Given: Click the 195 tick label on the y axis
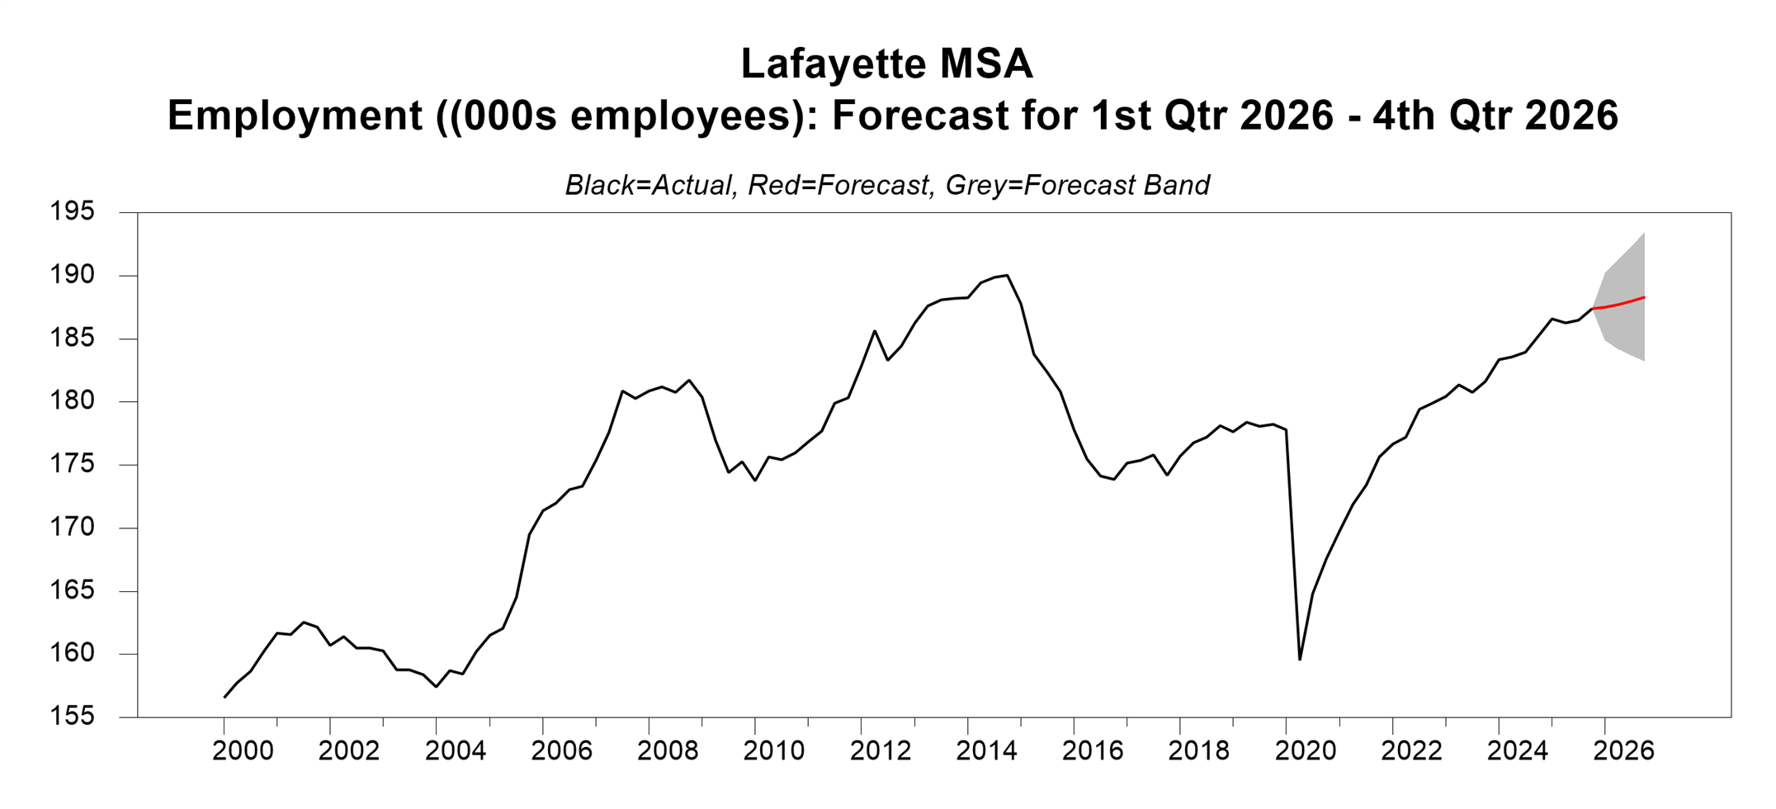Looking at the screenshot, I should pyautogui.click(x=73, y=212).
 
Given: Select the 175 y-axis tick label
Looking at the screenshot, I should pyautogui.click(x=73, y=465).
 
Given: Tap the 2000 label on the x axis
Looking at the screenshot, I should pyautogui.click(x=243, y=751).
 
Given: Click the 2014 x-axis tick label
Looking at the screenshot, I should pyautogui.click(x=986, y=751).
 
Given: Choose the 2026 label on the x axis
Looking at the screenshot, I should pyautogui.click(x=1623, y=751).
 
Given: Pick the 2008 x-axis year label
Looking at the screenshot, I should pyautogui.click(x=668, y=751).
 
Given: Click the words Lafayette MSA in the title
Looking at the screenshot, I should pyautogui.click(x=886, y=64).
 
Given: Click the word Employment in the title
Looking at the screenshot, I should pyautogui.click(x=295, y=116).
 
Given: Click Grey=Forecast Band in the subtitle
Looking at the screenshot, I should pyautogui.click(x=1078, y=185).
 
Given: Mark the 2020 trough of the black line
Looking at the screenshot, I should pyautogui.click(x=1300, y=659).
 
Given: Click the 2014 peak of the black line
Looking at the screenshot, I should pyautogui.click(x=1007, y=276).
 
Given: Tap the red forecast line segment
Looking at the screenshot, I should pyautogui.click(x=1619, y=304).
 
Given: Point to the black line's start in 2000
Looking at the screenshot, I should pyautogui.click(x=224, y=697).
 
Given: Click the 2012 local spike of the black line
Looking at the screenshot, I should pyautogui.click(x=875, y=331).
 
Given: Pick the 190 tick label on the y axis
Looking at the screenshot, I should pyautogui.click(x=73, y=275).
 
